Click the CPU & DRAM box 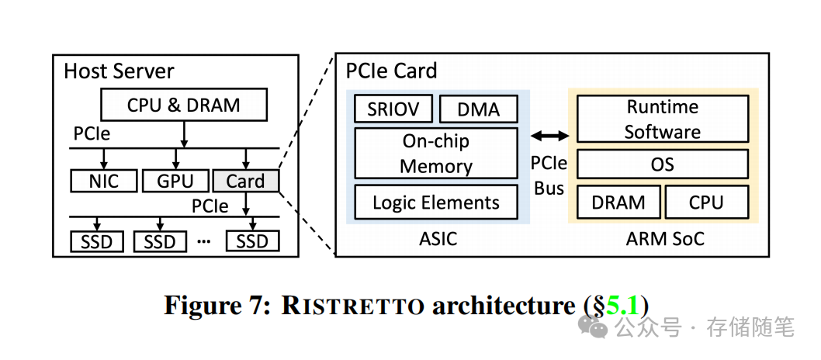click(183, 105)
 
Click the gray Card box click(245, 181)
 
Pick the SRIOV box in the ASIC click(393, 109)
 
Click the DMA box click(478, 109)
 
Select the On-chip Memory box click(436, 154)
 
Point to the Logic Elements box click(436, 202)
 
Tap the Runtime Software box click(662, 119)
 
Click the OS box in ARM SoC click(662, 164)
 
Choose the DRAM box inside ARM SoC click(618, 202)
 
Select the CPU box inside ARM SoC click(706, 202)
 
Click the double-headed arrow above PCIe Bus click(549, 137)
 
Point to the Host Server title click(119, 71)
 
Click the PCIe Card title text click(391, 71)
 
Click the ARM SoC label click(665, 238)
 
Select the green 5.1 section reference click(622, 305)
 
